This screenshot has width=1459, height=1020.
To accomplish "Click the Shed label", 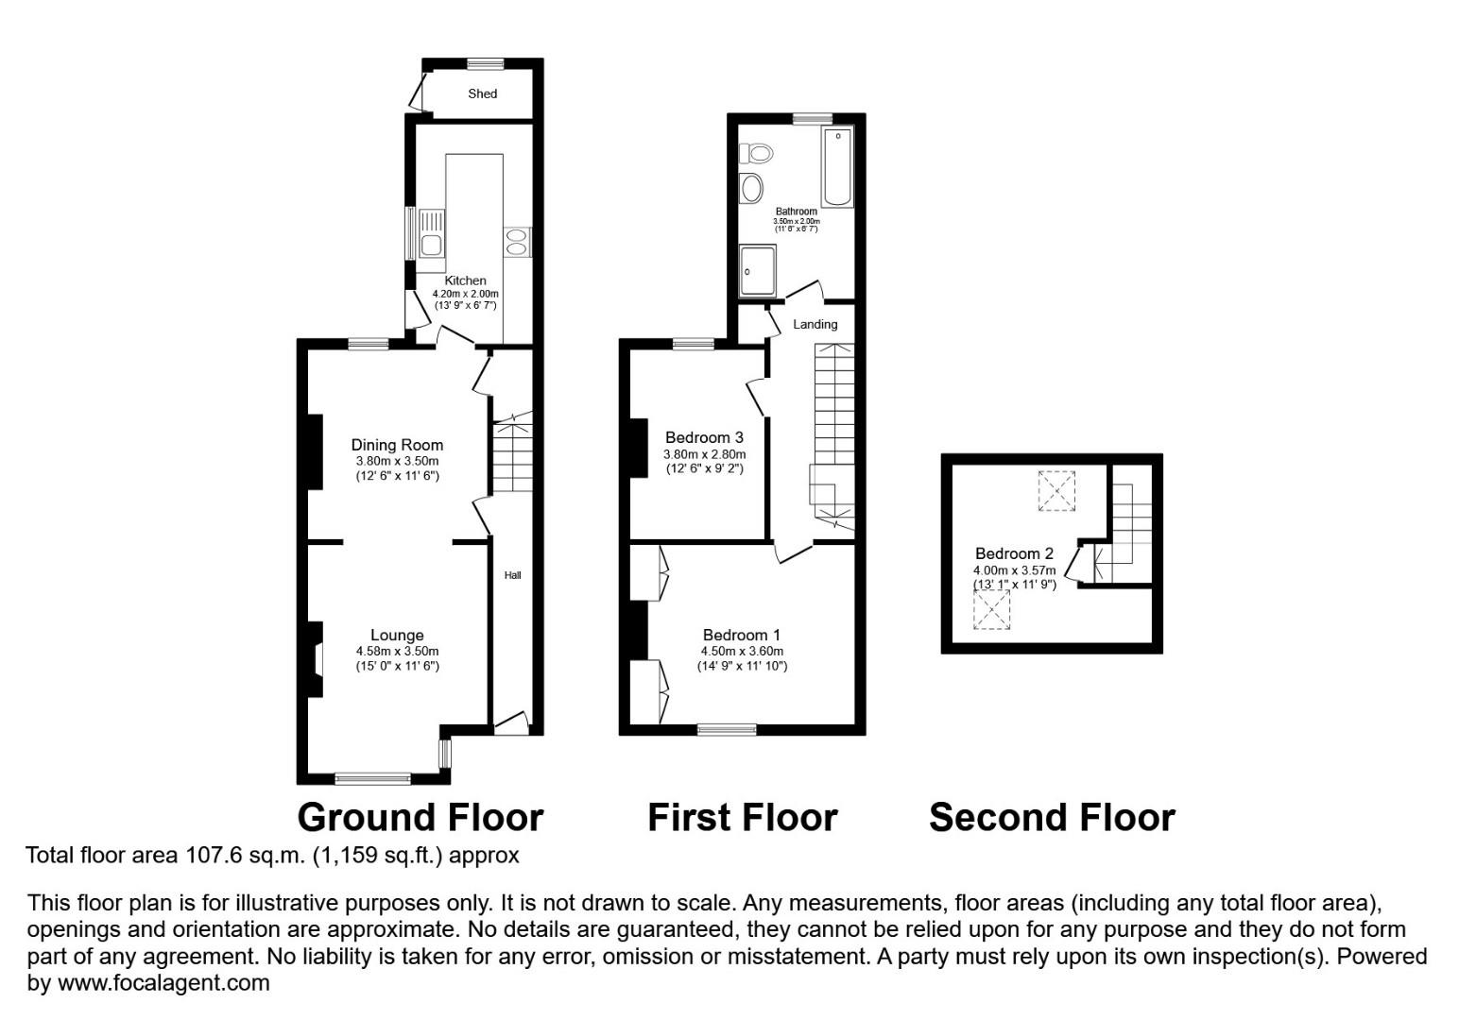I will pyautogui.click(x=482, y=93).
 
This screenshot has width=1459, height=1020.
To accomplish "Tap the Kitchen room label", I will pyautogui.click(x=465, y=280).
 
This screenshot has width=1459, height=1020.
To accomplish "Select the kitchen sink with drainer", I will pyautogui.click(x=432, y=233).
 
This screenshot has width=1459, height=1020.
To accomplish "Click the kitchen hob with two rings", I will pyautogui.click(x=517, y=242).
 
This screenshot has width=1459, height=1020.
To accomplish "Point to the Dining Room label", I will pyautogui.click(x=397, y=445).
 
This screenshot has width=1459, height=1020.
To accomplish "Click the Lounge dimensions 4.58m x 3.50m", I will pyautogui.click(x=397, y=651).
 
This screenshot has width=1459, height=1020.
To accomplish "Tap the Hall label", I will pyautogui.click(x=512, y=575).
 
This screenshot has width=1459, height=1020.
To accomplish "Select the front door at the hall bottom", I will pyautogui.click(x=512, y=723).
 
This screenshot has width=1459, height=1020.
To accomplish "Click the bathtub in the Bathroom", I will pyautogui.click(x=837, y=167).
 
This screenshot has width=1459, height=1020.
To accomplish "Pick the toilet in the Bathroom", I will pyautogui.click(x=757, y=153).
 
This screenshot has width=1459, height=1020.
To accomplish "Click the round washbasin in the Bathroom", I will pyautogui.click(x=752, y=188).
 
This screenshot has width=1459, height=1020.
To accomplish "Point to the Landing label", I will pyautogui.click(x=815, y=324).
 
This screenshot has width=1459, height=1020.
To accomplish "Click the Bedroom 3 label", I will pyautogui.click(x=704, y=437).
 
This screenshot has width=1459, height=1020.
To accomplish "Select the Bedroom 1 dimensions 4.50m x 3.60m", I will pyautogui.click(x=742, y=651).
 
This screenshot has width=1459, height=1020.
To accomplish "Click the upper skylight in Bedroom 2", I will pyautogui.click(x=1056, y=490).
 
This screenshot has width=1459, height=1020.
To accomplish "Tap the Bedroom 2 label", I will pyautogui.click(x=1014, y=553).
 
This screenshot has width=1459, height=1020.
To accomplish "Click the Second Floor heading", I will pyautogui.click(x=1052, y=817).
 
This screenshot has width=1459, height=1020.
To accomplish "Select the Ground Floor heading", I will pyautogui.click(x=421, y=817).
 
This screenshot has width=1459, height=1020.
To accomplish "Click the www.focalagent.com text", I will pyautogui.click(x=163, y=982).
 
